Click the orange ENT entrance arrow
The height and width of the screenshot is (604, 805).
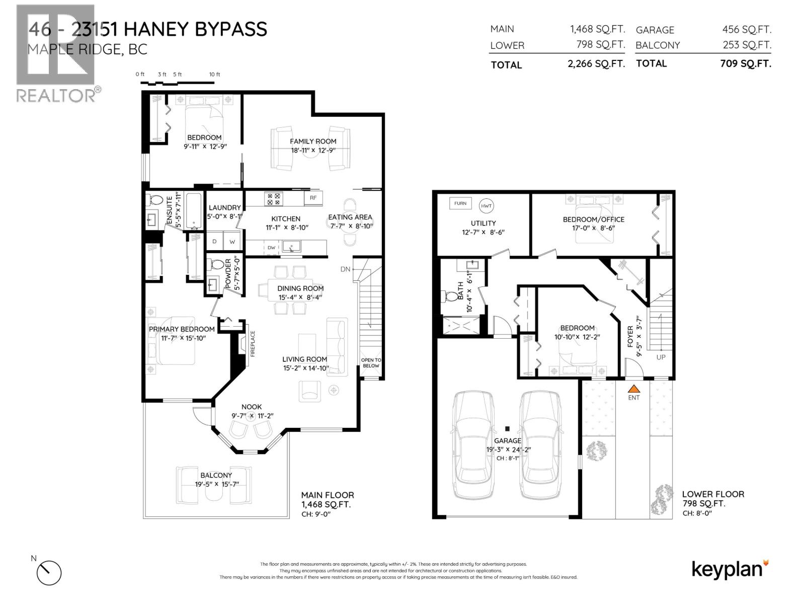(634, 389)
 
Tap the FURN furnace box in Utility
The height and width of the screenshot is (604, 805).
(460, 203)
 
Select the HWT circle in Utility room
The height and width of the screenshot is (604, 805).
(487, 205)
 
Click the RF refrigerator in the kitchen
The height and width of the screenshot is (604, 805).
(313, 198)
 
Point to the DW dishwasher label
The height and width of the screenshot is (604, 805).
(271, 247)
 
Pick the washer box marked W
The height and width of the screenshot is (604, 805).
(232, 242)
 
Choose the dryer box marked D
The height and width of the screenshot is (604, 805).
(214, 242)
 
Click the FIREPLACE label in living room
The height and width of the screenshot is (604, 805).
(253, 343)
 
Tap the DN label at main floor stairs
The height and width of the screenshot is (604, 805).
(345, 269)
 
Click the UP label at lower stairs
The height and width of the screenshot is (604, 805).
(661, 357)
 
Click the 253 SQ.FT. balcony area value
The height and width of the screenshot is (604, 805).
(746, 45)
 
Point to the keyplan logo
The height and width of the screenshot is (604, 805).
(730, 569)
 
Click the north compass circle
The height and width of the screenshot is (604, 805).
(49, 572)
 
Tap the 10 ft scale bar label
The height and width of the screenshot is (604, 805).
(215, 74)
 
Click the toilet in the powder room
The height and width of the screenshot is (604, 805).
(218, 264)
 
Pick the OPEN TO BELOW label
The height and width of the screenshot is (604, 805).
(371, 363)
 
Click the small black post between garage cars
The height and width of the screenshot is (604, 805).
(507, 429)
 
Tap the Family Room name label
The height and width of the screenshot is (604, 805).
(313, 141)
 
